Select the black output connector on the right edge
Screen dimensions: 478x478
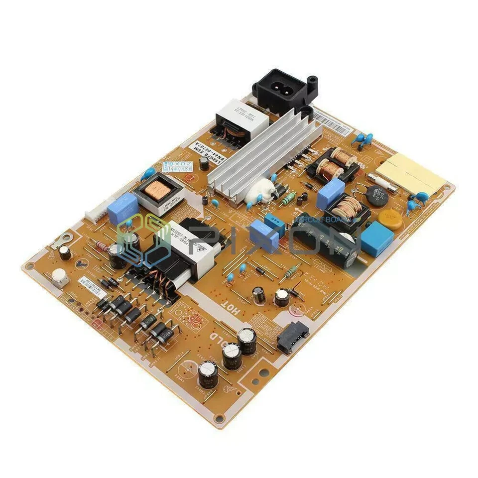(288, 337)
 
